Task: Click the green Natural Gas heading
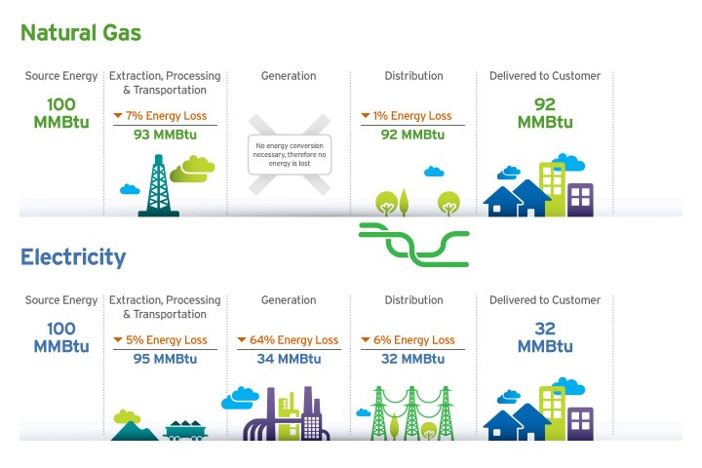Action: click(x=81, y=33)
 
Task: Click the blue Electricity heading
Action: click(x=73, y=258)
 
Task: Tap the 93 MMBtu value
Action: click(x=165, y=135)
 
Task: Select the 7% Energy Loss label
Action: click(x=165, y=116)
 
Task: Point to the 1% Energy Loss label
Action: click(x=412, y=116)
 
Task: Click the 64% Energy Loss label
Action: click(x=289, y=340)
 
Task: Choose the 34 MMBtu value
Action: click(x=289, y=359)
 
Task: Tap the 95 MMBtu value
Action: click(x=165, y=359)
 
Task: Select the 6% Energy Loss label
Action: click(x=412, y=340)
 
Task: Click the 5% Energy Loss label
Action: click(x=165, y=340)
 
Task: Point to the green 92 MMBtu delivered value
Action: click(x=545, y=113)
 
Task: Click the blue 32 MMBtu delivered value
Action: click(x=545, y=337)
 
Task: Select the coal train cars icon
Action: click(x=184, y=429)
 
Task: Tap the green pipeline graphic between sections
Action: click(x=414, y=244)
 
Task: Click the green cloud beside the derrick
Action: click(x=192, y=169)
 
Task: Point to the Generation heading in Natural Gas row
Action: click(x=289, y=76)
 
